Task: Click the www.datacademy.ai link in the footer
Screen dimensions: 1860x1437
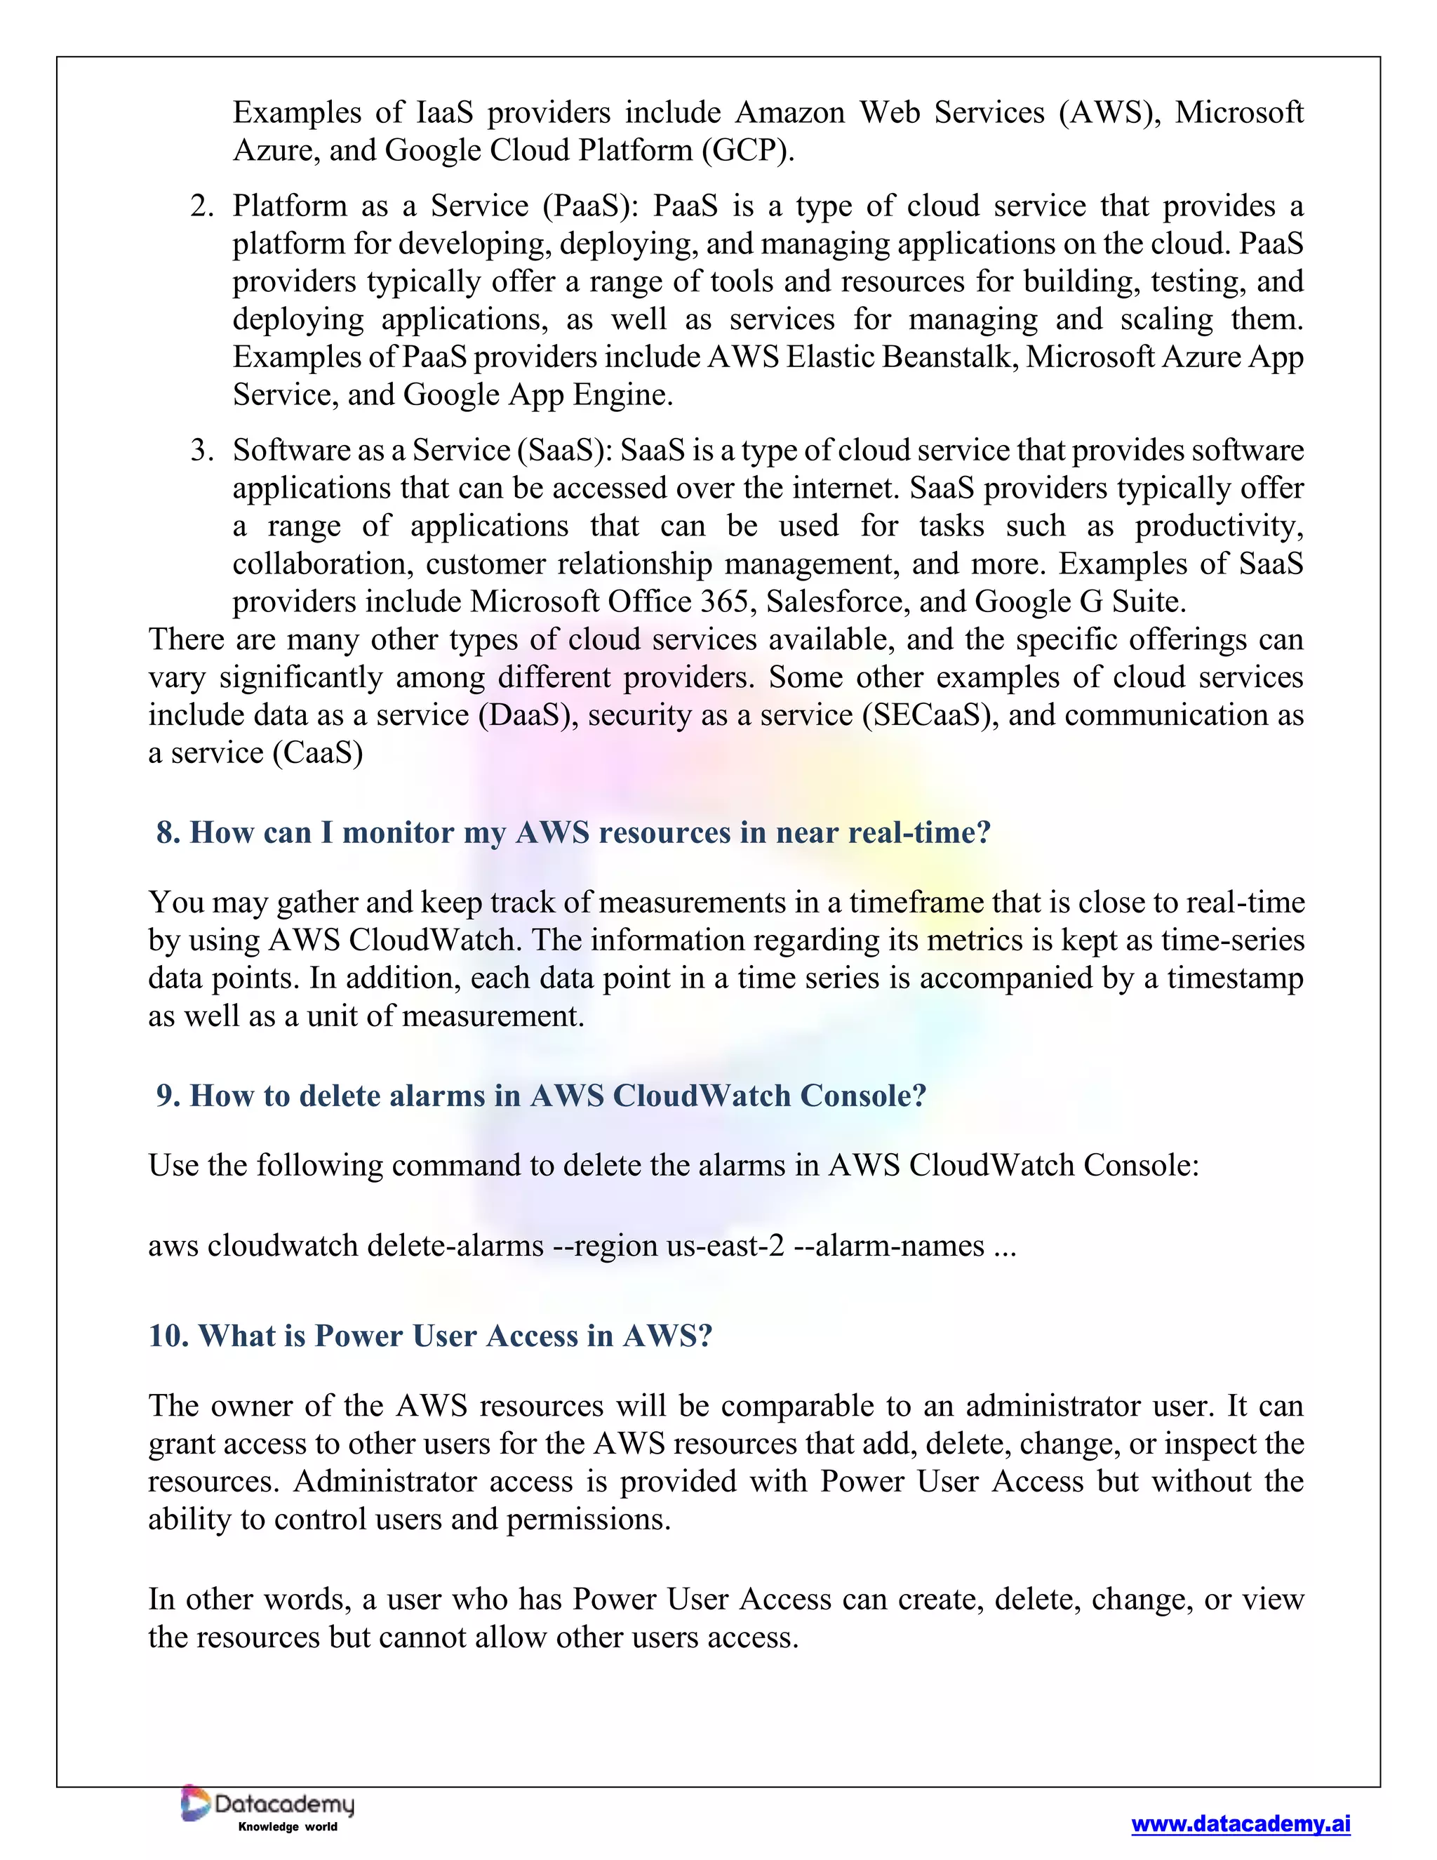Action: [1241, 1824]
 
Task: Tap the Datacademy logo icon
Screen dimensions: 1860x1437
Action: [195, 1803]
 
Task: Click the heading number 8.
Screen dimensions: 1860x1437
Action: [168, 832]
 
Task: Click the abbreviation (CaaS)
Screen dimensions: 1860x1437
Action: [318, 753]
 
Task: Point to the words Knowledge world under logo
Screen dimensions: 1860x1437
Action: [288, 1827]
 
